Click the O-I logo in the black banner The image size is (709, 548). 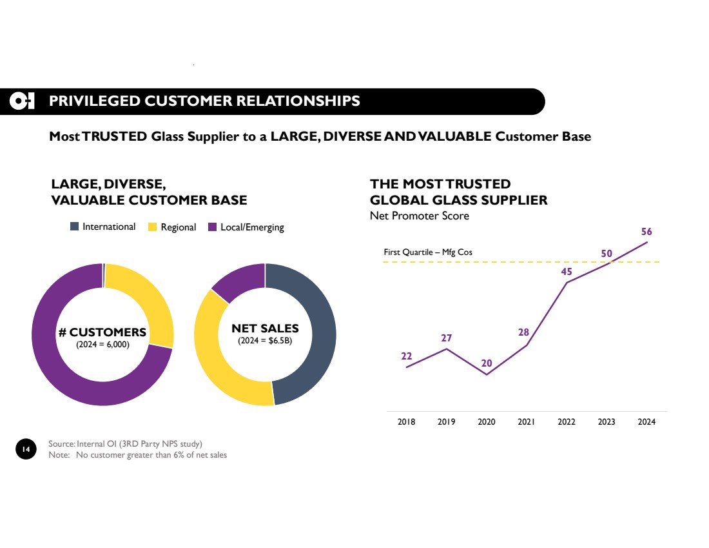point(23,101)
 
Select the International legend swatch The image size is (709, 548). point(75,227)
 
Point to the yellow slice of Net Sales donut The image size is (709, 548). point(219,368)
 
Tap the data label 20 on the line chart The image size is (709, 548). point(486,363)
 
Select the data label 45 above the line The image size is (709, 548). point(567,271)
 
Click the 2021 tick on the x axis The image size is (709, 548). point(527,422)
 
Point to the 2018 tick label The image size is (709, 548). point(406,422)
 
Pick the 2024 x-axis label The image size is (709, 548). point(646,422)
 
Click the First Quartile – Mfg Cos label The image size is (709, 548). point(423,252)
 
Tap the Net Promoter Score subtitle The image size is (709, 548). point(420,216)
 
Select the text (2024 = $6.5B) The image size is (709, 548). point(265,340)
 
